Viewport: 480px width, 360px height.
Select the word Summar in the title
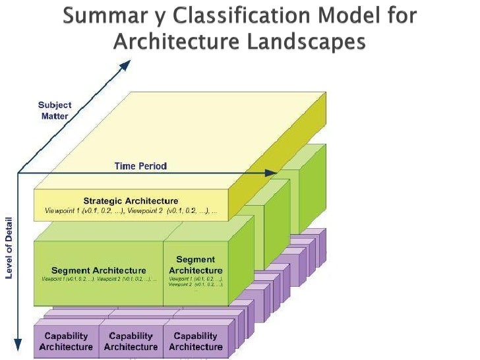click(x=98, y=16)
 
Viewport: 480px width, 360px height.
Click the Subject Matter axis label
click(x=55, y=110)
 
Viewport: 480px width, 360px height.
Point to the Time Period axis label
click(x=140, y=166)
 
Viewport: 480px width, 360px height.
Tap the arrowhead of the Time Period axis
click(x=271, y=173)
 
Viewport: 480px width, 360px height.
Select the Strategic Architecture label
click(x=131, y=200)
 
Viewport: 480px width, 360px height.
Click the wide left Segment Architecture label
click(x=99, y=270)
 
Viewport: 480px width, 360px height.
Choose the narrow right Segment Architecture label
click(x=196, y=266)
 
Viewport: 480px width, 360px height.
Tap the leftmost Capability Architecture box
click(x=66, y=342)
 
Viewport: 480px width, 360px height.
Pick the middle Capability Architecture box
click(x=131, y=342)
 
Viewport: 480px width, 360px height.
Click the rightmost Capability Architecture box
click(x=195, y=342)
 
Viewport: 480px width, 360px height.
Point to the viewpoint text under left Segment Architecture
click(x=99, y=280)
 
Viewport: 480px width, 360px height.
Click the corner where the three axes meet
click(x=18, y=173)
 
